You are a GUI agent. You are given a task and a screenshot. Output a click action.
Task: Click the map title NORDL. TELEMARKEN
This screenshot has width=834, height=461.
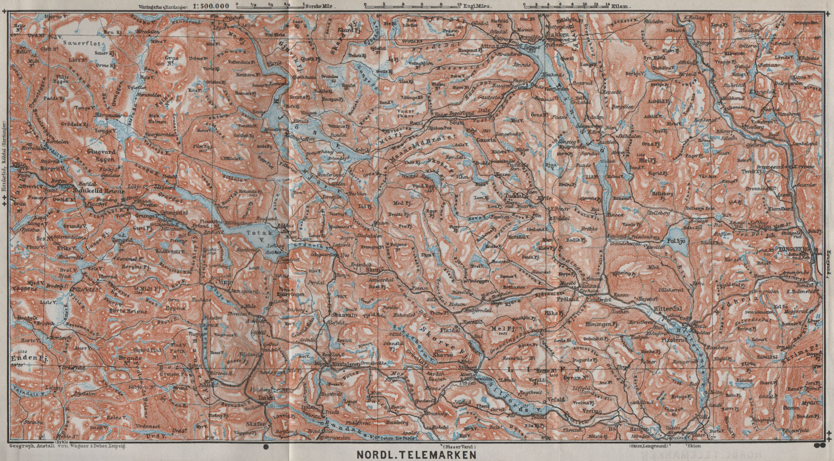(x=416, y=454)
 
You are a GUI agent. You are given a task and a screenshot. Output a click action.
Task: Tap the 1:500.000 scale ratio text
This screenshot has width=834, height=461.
(x=211, y=6)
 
